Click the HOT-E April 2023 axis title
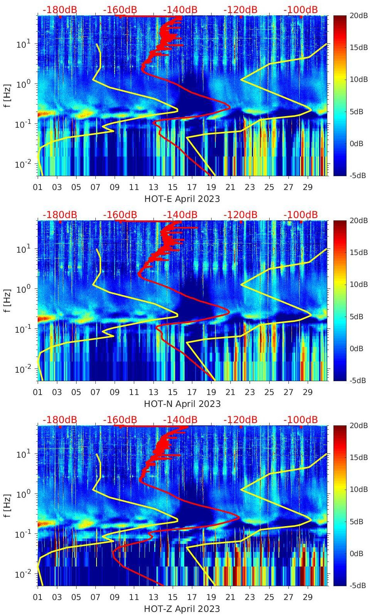click(x=182, y=199)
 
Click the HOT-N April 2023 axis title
click(x=182, y=404)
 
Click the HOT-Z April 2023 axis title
click(x=182, y=609)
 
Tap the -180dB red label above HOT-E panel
click(x=60, y=10)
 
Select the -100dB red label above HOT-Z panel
click(x=300, y=420)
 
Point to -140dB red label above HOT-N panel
click(x=180, y=215)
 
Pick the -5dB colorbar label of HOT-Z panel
click(x=358, y=585)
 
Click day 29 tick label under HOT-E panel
click(x=307, y=187)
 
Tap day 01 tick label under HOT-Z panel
click(x=38, y=597)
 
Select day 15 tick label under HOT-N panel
click(x=173, y=392)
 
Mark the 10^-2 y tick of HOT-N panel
click(x=22, y=369)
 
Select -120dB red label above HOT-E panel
click(x=240, y=10)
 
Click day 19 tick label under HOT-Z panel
click(x=211, y=597)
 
